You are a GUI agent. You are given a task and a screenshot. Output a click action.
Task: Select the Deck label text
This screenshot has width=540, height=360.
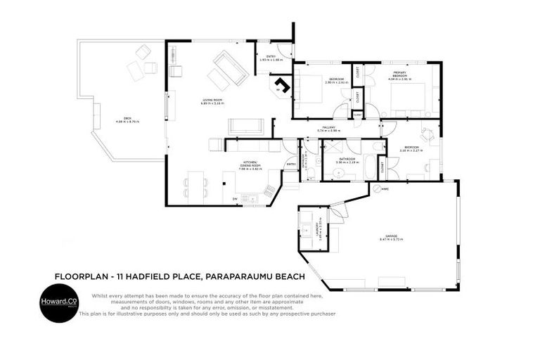tap(127, 120)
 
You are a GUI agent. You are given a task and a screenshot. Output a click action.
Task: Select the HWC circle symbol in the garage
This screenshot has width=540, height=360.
tap(376, 188)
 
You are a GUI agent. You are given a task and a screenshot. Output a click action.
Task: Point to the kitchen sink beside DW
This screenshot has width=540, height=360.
tap(250, 198)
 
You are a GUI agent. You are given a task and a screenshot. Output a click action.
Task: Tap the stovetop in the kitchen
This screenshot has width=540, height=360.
tap(270, 190)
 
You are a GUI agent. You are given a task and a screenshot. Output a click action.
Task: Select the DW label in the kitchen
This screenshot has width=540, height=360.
tap(235, 199)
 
